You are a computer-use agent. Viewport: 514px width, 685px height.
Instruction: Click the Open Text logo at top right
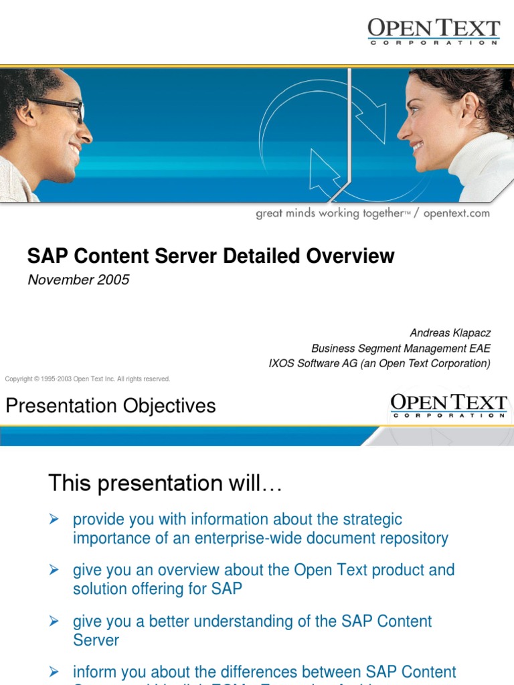coord(433,31)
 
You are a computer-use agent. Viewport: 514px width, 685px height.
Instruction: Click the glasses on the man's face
coord(64,107)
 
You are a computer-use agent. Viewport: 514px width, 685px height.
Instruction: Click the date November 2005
coord(78,280)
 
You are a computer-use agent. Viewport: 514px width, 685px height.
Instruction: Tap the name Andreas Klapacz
coord(450,332)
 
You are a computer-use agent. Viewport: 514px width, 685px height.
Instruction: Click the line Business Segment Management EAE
coord(400,348)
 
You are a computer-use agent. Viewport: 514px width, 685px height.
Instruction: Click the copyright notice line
coord(88,379)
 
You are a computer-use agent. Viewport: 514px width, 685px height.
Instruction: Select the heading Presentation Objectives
coord(110,406)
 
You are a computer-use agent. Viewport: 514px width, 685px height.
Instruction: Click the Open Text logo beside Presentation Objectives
coord(448,405)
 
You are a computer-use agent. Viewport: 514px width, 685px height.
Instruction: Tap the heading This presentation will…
coord(165,483)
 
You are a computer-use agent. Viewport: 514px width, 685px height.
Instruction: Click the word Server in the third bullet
coord(96,640)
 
